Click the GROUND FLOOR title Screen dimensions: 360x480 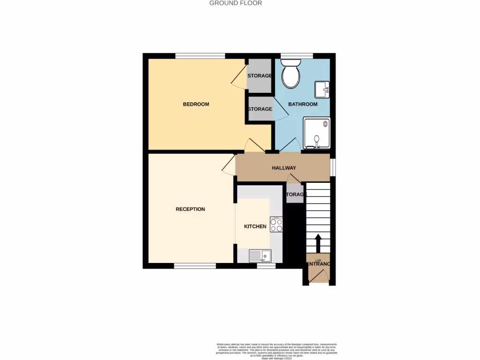[x=235, y=3]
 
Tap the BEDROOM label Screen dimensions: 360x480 [x=196, y=104]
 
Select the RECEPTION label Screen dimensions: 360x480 [x=190, y=209]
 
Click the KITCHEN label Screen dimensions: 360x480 [x=255, y=226]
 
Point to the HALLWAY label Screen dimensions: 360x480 [x=284, y=168]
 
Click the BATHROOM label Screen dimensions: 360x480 [x=302, y=104]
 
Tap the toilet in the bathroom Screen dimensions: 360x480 [x=291, y=74]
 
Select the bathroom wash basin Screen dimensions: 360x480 [x=322, y=89]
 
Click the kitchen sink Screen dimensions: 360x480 [x=260, y=255]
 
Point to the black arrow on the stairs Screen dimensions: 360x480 [x=318, y=243]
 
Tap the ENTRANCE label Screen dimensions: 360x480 [x=318, y=264]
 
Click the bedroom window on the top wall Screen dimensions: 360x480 [x=200, y=56]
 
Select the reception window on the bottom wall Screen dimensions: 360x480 [x=195, y=266]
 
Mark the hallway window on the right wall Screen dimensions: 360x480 [x=333, y=167]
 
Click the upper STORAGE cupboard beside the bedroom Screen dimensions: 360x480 [x=259, y=75]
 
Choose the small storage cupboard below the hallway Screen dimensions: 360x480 [x=295, y=194]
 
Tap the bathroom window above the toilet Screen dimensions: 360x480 [x=297, y=56]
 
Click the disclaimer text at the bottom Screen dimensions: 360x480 [x=277, y=351]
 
